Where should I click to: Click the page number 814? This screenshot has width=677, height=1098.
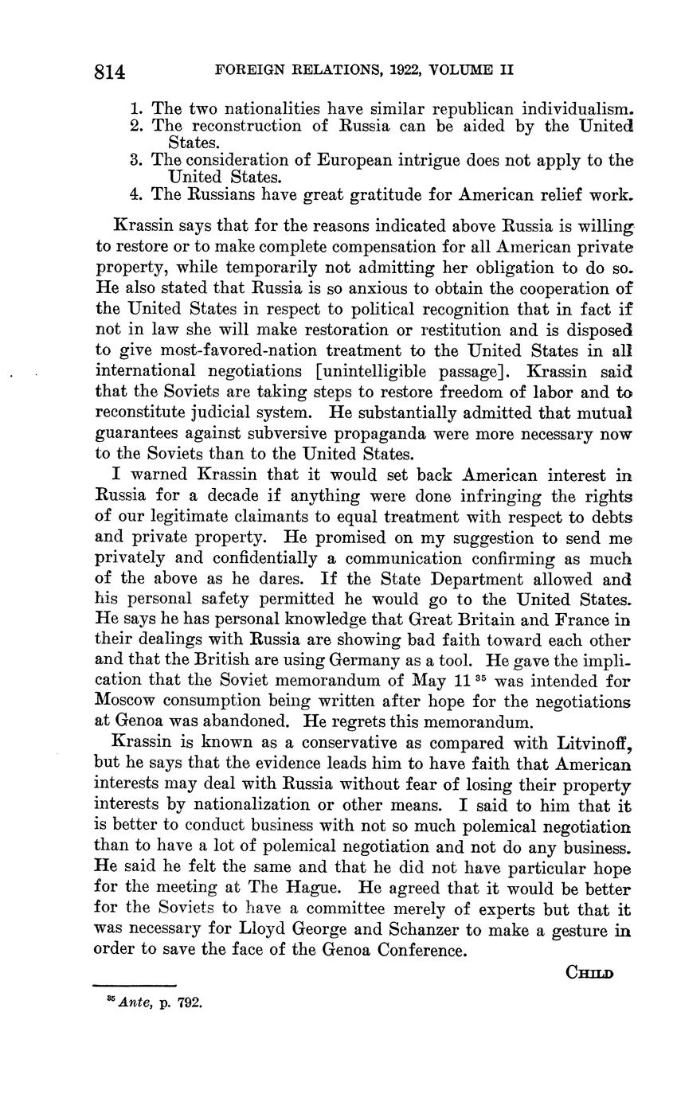(x=110, y=72)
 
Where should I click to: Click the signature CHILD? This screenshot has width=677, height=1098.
(x=589, y=973)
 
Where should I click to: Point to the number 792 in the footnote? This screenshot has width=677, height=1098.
(x=191, y=1002)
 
